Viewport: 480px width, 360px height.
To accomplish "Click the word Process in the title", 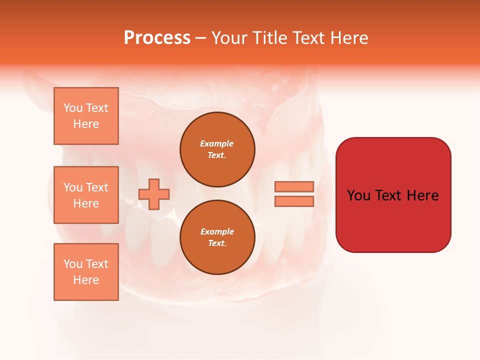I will [x=157, y=38].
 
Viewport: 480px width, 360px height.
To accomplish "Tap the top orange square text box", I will [x=86, y=116].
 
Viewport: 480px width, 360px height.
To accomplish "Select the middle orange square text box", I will [x=86, y=195].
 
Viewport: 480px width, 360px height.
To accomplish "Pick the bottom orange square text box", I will [x=86, y=272].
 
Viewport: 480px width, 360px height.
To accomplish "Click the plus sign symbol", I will [x=154, y=194].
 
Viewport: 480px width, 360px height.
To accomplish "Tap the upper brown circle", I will [x=217, y=149].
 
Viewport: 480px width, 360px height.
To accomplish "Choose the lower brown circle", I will [x=217, y=237].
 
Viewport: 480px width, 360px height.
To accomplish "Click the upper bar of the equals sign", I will [x=294, y=186].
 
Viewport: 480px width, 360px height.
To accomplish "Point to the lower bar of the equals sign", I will [x=294, y=201].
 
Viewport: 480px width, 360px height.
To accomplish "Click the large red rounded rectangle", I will [x=393, y=220].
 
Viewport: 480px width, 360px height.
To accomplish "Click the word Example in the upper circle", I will [x=217, y=143].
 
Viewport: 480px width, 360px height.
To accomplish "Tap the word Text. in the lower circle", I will [x=217, y=243].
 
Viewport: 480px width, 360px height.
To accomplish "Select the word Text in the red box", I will [x=390, y=195].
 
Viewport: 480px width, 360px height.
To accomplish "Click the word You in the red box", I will [x=359, y=195].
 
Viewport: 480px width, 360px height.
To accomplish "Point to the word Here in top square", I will [x=86, y=124].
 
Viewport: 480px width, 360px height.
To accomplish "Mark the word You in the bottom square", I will [x=73, y=264].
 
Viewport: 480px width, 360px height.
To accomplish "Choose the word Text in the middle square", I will [x=97, y=187].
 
